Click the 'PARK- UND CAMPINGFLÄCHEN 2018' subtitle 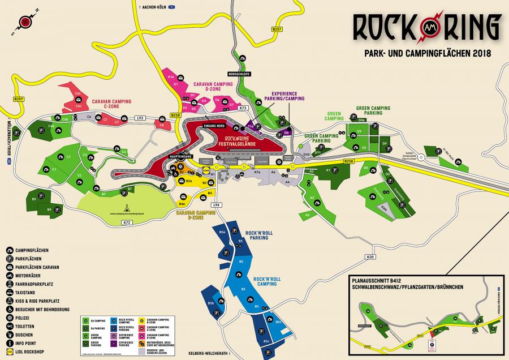425,53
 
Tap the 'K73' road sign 243,108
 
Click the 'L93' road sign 140,118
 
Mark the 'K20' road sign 370,258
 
